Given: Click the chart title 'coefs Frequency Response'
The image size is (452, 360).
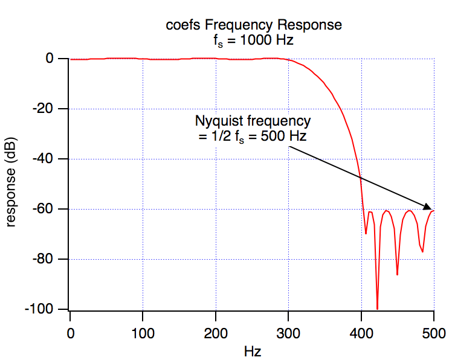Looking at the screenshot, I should coord(254,25).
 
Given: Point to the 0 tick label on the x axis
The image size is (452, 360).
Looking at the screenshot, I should coord(70,332).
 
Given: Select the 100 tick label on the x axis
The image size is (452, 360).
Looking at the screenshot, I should coord(143,332).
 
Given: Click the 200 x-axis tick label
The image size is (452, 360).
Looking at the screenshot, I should coord(216,332).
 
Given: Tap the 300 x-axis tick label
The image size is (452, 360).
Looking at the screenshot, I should coord(288,332).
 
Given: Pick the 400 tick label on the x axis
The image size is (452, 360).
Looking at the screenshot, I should coord(361,332).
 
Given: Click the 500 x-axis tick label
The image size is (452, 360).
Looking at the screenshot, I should coord(434,332).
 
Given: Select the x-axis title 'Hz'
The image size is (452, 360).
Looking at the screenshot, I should coord(252,350).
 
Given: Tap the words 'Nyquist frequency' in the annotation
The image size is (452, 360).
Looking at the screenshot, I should coord(253,120).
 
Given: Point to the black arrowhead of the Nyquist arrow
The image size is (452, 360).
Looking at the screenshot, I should coord(428,207).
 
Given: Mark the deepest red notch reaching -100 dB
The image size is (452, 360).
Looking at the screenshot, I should coord(377,308).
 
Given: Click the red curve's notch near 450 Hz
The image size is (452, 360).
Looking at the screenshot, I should coord(397,274).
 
